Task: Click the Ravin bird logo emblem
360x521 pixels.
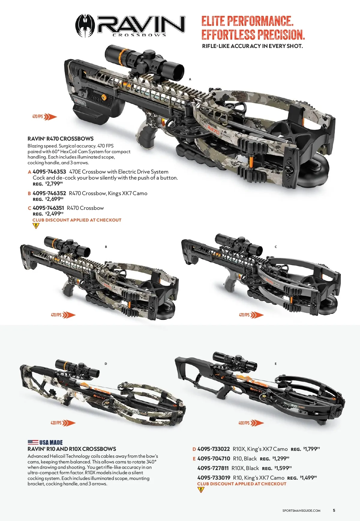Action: tap(85, 26)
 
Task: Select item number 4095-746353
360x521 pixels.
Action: tap(49, 172)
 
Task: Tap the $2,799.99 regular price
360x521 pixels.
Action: tap(54, 184)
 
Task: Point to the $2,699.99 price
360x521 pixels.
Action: tap(54, 199)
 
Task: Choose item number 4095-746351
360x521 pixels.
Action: tap(48, 208)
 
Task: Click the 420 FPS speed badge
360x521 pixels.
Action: tap(63, 423)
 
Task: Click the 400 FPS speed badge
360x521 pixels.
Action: tap(251, 423)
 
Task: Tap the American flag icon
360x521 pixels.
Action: tap(33, 442)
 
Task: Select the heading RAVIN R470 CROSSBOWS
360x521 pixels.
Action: tap(61, 139)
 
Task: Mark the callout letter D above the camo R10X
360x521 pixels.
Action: tap(106, 364)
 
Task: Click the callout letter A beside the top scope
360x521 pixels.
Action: tap(190, 79)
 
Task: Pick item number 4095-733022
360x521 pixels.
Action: tap(214, 449)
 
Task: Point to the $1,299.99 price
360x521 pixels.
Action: tap(281, 459)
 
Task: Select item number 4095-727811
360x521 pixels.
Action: tap(213, 468)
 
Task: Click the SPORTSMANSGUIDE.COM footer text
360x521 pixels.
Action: tap(301, 511)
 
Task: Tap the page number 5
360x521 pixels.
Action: tap(334, 510)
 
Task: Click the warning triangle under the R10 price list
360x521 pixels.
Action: tap(201, 490)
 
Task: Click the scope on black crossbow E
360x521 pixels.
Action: tap(235, 361)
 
